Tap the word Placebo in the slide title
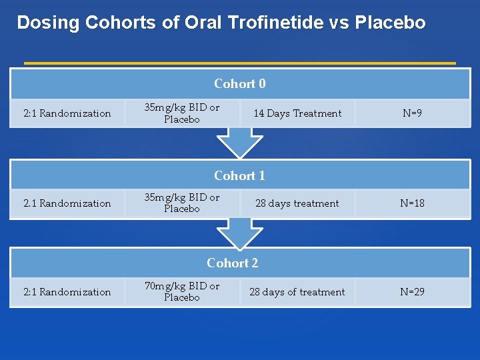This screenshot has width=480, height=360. tap(390, 23)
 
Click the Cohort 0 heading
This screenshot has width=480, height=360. tap(240, 84)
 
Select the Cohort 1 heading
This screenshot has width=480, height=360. tap(240, 176)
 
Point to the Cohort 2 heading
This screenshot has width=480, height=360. tap(233, 263)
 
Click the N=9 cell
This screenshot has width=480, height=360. tap(412, 113)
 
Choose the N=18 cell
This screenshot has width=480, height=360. tap(412, 203)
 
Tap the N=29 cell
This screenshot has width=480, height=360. tap(412, 292)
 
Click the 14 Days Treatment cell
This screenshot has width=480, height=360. tap(297, 113)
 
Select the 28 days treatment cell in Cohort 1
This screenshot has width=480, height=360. tap(297, 203)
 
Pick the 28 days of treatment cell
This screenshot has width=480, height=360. tap(297, 292)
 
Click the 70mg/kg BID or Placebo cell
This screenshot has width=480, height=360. tap(182, 292)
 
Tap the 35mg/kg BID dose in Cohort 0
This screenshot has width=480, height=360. tap(182, 108)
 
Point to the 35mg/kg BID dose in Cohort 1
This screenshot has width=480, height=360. tap(182, 198)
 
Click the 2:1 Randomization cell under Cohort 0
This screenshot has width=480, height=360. tap(67, 113)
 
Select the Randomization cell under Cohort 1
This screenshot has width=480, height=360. tap(67, 203)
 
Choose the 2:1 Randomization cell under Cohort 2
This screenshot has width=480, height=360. tap(67, 292)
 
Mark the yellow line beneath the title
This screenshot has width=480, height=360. tap(240, 63)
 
